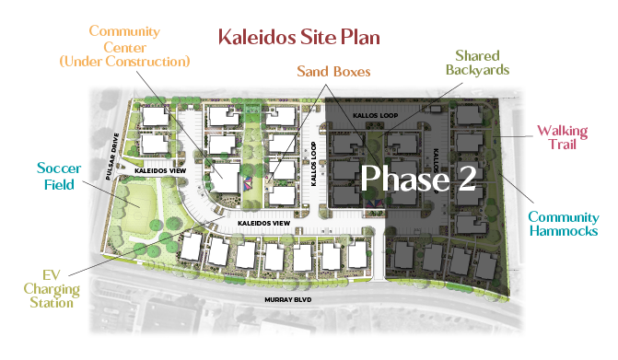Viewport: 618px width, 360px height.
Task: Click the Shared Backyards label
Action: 477,63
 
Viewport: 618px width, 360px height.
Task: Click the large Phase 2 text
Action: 417,178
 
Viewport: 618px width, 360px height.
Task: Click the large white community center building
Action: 224,178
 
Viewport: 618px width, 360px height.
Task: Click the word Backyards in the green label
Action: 477,70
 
